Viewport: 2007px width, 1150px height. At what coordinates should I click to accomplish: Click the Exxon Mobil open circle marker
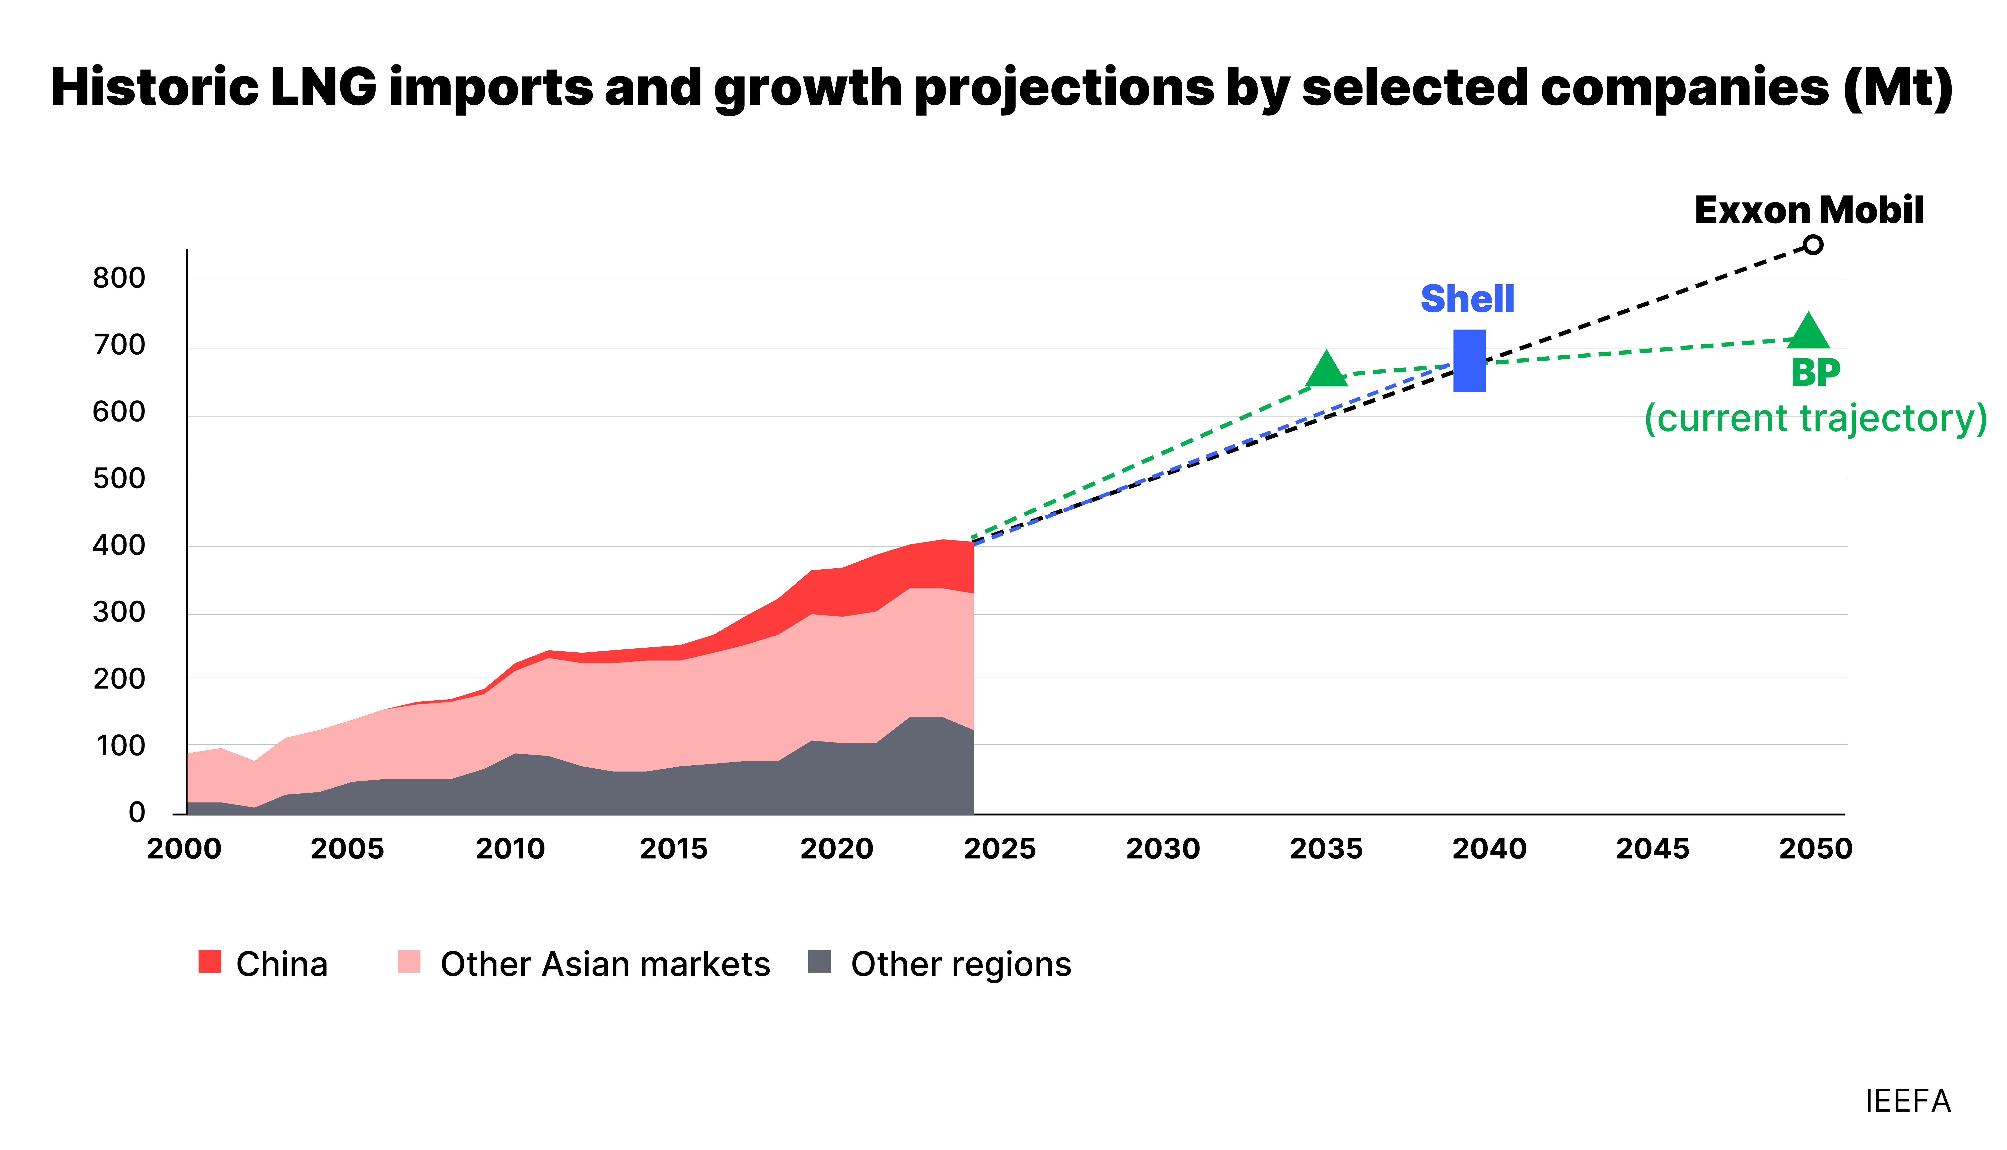click(x=1814, y=245)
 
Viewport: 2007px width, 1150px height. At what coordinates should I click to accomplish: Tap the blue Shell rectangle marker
click(x=1469, y=361)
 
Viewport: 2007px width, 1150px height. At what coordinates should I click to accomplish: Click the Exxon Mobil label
click(x=1809, y=211)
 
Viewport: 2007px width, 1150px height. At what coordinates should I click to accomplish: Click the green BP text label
click(x=1815, y=373)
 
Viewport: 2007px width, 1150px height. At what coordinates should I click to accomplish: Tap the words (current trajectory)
click(x=1815, y=419)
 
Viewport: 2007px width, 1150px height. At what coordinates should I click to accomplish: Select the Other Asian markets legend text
click(x=605, y=964)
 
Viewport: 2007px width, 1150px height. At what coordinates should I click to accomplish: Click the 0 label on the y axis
click(x=136, y=813)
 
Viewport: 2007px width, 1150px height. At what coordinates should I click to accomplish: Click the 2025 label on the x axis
click(x=999, y=849)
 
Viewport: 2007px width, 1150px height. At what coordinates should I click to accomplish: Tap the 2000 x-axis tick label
click(x=184, y=849)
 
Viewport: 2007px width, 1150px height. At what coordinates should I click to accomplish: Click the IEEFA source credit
click(x=1907, y=1101)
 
